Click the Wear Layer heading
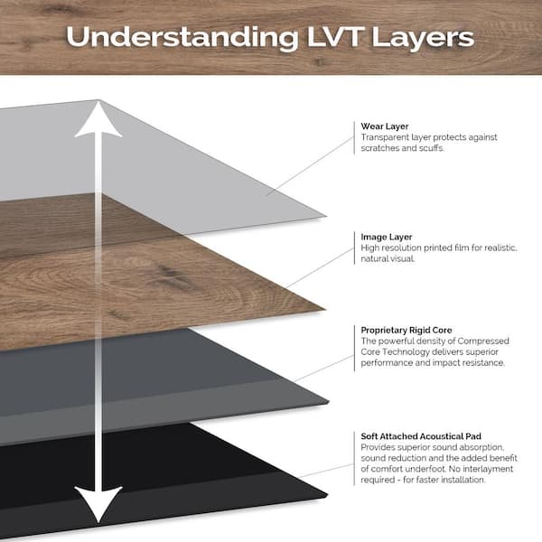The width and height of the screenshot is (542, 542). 383,126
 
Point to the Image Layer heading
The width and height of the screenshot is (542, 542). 387,237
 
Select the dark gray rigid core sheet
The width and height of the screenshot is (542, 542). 199,370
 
